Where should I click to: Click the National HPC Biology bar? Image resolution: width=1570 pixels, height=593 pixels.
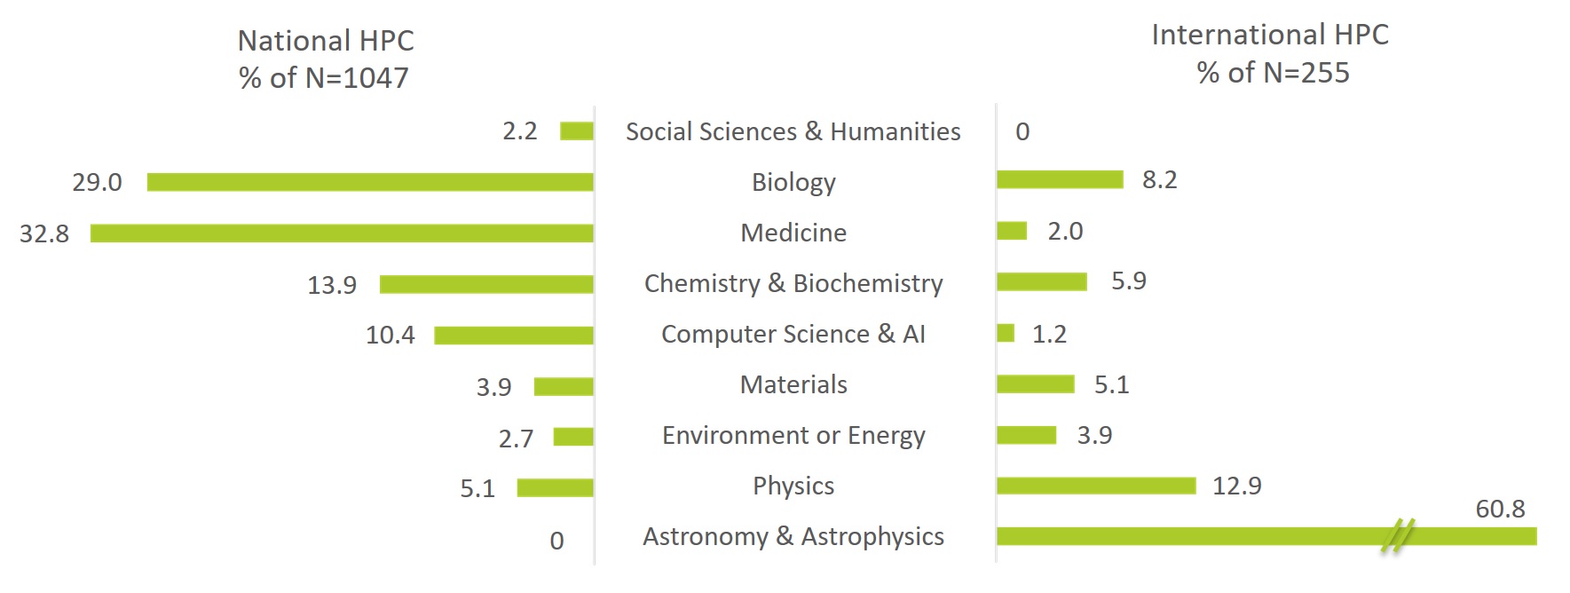coord(370,182)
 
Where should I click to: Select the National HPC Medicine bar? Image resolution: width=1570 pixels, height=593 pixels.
coord(342,233)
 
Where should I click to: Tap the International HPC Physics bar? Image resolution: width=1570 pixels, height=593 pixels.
coord(1096,486)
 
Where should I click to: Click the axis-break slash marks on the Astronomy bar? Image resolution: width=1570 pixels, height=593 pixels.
coord(1397,536)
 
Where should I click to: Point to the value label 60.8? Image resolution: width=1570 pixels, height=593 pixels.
coord(1500,509)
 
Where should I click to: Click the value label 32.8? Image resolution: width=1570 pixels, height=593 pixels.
coord(44,233)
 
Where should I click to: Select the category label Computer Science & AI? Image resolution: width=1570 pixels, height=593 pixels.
coord(793,334)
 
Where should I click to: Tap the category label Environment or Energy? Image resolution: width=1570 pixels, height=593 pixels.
coord(793,435)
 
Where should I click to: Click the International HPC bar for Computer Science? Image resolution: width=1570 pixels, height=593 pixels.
coord(1006,333)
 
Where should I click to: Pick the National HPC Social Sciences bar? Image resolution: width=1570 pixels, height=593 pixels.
coord(577,131)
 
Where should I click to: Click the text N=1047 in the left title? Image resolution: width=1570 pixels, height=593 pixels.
coord(357,78)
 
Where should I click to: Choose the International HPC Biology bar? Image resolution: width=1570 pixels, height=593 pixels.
coord(1060,179)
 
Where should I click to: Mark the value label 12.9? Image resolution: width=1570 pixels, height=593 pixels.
coord(1236,486)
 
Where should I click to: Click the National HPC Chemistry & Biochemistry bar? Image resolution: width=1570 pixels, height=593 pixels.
coord(486,284)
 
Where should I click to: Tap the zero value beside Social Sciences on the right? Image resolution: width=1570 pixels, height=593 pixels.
coord(1022,131)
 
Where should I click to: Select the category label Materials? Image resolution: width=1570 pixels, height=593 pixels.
coord(793,384)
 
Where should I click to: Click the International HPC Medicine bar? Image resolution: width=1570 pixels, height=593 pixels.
coord(1012,231)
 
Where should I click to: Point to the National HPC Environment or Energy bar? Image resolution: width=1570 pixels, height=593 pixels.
coord(573,437)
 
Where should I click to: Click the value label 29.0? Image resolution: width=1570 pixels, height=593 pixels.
coord(97,182)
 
